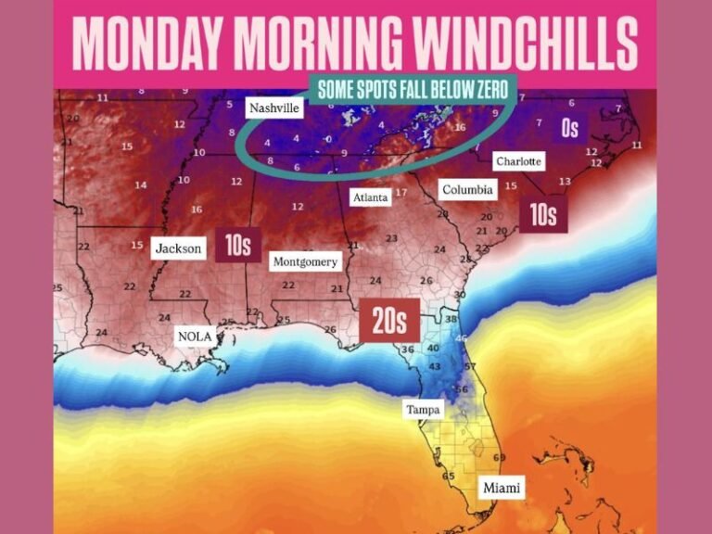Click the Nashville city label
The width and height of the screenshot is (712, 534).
[x=275, y=108]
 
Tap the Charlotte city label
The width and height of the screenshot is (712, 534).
[x=518, y=161]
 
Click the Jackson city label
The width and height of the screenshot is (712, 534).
[x=178, y=248]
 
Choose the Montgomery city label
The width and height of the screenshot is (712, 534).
[x=305, y=262]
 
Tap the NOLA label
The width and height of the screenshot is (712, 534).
[x=196, y=337]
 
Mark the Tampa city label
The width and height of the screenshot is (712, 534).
[x=423, y=409]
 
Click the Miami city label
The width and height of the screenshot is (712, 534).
[x=502, y=488]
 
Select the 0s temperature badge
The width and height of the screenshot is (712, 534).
[x=570, y=127]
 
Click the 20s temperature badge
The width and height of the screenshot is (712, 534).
[x=389, y=320]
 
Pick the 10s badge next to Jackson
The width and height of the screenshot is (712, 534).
[x=238, y=245]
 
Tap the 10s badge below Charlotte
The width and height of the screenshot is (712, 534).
[x=543, y=215]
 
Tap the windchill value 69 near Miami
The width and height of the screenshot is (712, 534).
[x=500, y=458]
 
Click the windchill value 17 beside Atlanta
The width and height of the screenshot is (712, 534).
[x=400, y=193]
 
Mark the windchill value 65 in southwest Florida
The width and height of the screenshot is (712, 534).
[x=449, y=477]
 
